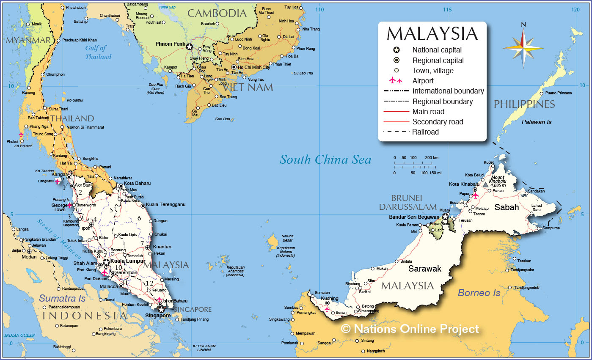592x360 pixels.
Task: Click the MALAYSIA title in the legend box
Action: click(x=432, y=34)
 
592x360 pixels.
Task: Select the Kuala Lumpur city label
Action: click(x=127, y=261)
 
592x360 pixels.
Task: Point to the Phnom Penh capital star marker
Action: click(x=190, y=47)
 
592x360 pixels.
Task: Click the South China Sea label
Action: click(x=325, y=159)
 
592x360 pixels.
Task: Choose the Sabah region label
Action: click(x=507, y=207)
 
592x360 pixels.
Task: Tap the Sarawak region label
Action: click(x=424, y=269)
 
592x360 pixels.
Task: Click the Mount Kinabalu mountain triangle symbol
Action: click(x=485, y=184)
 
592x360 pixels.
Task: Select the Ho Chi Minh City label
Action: click(x=254, y=67)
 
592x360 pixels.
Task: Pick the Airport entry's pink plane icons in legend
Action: click(x=396, y=80)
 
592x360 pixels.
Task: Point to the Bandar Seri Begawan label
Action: click(x=414, y=217)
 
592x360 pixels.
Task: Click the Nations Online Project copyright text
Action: click(x=410, y=329)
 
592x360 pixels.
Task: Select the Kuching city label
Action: click(x=330, y=298)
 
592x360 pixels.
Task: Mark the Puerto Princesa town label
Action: click(x=559, y=93)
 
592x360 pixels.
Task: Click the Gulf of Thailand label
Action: click(x=98, y=52)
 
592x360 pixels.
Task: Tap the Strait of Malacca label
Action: click(x=59, y=239)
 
